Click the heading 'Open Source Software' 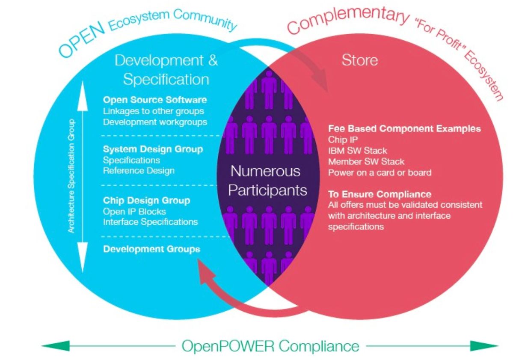[155, 100]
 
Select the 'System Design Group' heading [153, 149]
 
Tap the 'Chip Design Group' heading [146, 200]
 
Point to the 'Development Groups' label [151, 249]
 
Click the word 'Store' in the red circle [359, 60]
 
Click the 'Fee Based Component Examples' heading [404, 129]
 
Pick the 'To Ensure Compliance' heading [380, 194]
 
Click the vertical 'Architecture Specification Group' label [71, 176]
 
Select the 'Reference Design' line [139, 170]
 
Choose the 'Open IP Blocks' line [134, 211]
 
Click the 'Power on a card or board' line [380, 173]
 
